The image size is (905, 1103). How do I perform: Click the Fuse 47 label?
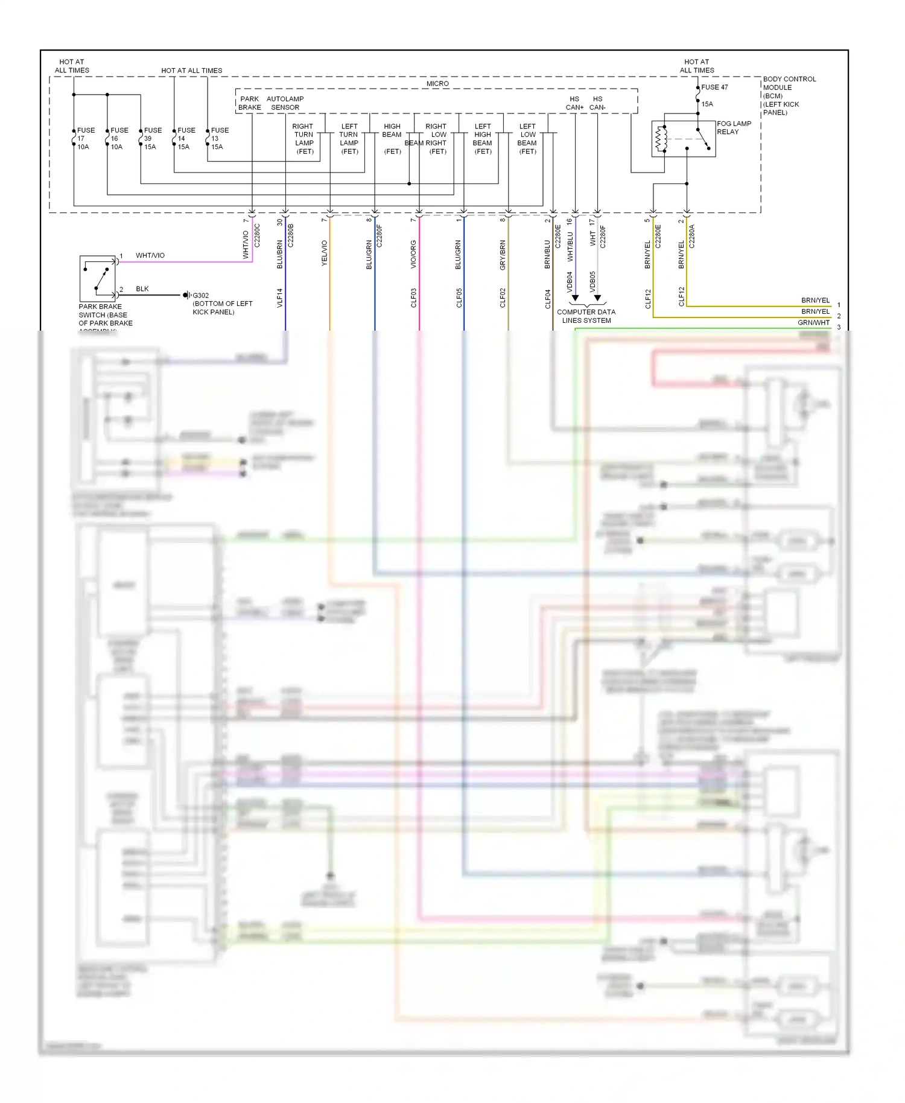click(714, 87)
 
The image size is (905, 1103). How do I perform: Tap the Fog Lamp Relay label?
click(734, 128)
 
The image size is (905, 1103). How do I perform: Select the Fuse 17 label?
click(85, 139)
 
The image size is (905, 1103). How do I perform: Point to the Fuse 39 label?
click(152, 139)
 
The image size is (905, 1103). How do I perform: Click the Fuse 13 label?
click(219, 139)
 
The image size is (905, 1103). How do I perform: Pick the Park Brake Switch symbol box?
click(98, 278)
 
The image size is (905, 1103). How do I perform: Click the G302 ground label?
click(201, 296)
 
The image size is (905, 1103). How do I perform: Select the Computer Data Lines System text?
click(586, 316)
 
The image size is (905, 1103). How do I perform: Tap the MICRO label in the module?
click(437, 84)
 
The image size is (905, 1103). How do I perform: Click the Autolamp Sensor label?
click(285, 103)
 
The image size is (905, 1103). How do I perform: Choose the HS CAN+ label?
click(574, 103)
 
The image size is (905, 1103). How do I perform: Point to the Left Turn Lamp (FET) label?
click(349, 139)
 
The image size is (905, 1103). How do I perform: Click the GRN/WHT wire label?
click(813, 323)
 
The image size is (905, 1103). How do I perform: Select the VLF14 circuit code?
click(280, 298)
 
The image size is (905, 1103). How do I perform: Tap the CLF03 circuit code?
click(414, 298)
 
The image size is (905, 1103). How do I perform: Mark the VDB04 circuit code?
click(570, 282)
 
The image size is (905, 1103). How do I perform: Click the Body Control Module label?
click(789, 95)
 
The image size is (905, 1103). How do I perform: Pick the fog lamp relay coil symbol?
click(662, 139)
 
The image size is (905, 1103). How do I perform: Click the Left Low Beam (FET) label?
click(527, 139)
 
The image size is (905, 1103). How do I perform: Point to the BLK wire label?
click(142, 289)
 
